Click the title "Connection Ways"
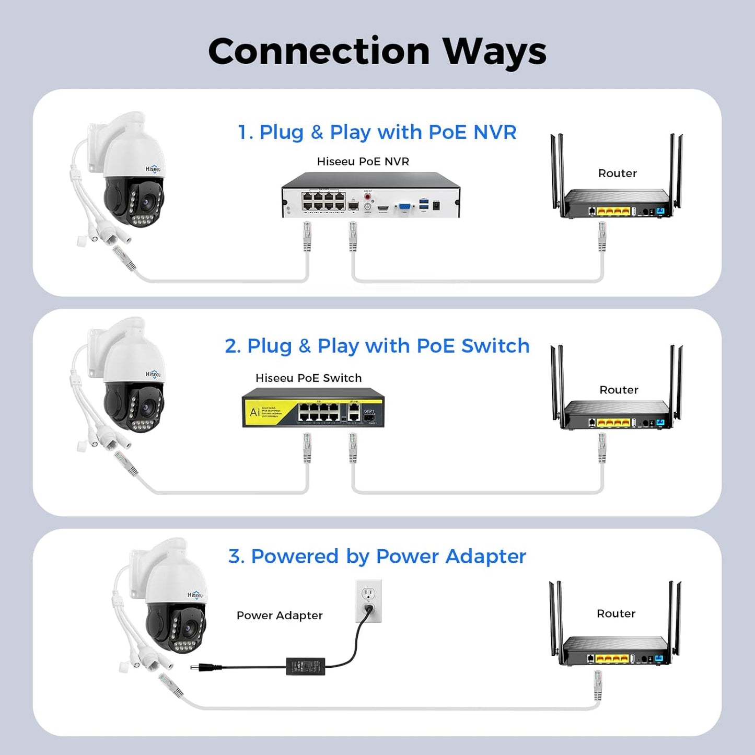(377, 51)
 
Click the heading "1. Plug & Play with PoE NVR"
(377, 132)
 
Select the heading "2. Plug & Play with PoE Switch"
(377, 346)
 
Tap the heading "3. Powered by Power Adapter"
(377, 556)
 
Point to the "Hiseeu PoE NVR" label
(363, 161)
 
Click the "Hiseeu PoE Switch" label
(308, 378)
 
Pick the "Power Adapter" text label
(280, 615)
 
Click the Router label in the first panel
(618, 173)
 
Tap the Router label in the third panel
(616, 613)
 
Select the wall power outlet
(368, 601)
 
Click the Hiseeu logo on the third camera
(195, 595)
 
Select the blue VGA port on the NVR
(404, 207)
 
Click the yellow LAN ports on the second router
(613, 423)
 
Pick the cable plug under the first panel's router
(602, 236)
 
